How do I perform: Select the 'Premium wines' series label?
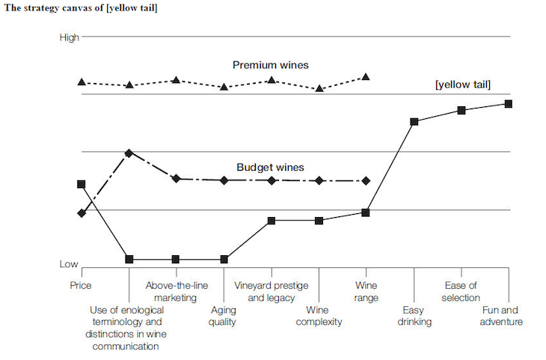270,66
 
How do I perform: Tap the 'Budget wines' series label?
270,168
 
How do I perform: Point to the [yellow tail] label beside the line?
463,85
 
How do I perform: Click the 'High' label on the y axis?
69,37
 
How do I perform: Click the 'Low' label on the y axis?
70,264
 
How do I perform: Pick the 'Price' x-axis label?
81,285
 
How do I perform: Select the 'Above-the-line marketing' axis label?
176,291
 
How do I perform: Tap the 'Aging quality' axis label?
224,316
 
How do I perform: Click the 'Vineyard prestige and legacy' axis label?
270,291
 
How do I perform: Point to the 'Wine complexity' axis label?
319,316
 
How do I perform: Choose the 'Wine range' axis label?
366,291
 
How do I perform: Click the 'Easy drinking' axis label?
414,316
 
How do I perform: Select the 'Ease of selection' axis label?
461,291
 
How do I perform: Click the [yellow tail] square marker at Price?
81,184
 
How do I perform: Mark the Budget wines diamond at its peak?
129,153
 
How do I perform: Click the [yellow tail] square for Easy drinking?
414,121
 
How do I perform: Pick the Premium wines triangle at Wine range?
366,76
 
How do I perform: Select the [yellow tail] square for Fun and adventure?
509,103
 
